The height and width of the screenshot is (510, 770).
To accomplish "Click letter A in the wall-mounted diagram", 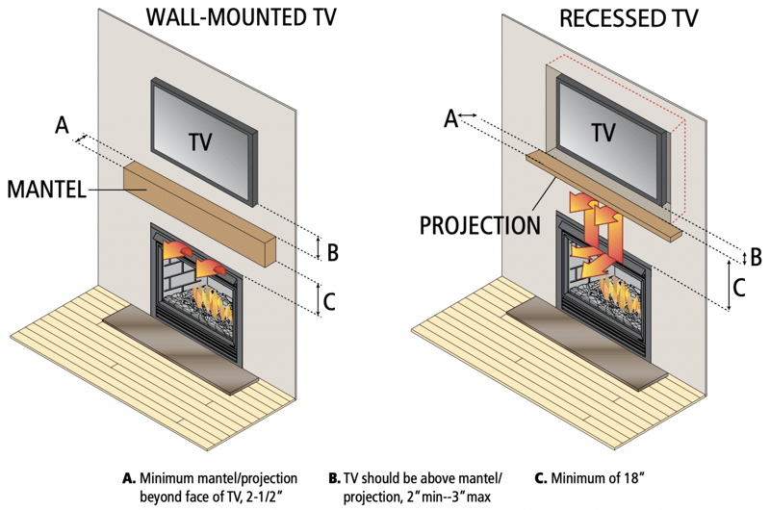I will tap(63, 124).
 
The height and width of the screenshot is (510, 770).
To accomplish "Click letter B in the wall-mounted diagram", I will tap(332, 253).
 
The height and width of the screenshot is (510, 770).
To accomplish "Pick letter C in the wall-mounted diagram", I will tap(330, 302).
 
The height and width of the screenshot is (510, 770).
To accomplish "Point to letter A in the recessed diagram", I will tap(449, 117).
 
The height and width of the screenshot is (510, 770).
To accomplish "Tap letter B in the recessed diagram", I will tap(756, 257).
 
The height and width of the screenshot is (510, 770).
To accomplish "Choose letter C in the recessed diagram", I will tap(738, 287).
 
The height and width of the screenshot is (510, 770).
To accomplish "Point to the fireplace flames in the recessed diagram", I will tap(621, 289).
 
